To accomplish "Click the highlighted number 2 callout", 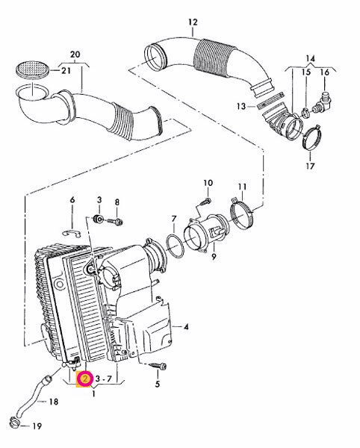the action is (x=85, y=379).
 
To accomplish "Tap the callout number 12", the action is (x=193, y=22).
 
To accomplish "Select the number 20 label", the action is (x=75, y=55).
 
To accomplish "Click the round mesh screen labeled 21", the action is (x=33, y=69).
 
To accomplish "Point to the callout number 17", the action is (x=310, y=166).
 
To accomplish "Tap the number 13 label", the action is (x=241, y=106).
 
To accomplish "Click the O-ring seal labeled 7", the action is (x=174, y=246).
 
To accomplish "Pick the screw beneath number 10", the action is (x=205, y=202).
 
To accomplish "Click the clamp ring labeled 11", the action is (x=242, y=212).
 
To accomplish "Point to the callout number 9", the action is (x=214, y=257).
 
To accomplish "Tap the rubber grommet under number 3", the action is (x=99, y=219).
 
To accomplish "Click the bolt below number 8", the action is (x=116, y=221).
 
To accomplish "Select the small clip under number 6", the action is (x=72, y=234).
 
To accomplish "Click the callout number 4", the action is (x=186, y=326).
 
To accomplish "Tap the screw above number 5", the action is (x=158, y=365).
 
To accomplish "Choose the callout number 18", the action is (x=54, y=402).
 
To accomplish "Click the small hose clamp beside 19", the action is (x=14, y=422).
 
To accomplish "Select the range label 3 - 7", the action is (x=103, y=379).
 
